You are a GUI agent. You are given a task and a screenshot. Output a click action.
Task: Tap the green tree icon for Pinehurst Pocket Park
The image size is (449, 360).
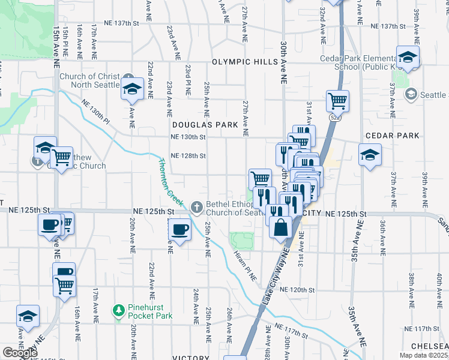(x=119, y=311)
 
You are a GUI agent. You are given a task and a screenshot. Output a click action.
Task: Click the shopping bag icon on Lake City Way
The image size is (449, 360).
(x=280, y=227)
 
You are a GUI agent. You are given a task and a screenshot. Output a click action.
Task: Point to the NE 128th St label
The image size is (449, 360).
(x=188, y=156)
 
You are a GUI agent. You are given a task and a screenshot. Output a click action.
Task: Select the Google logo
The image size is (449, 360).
(x=19, y=353)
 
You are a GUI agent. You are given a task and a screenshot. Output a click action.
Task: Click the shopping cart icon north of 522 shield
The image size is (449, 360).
(x=338, y=101)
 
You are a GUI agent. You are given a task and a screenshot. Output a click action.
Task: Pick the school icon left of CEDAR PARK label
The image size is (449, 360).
(x=369, y=154)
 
